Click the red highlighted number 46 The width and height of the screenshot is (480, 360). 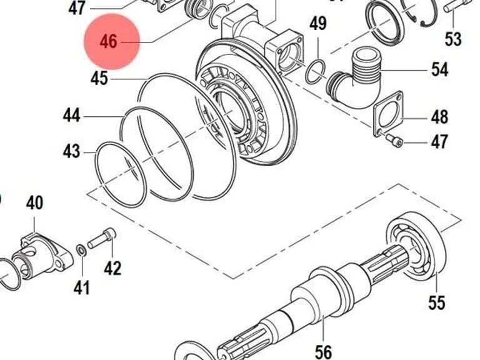point(108,41)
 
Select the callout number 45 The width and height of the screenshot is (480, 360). point(99,78)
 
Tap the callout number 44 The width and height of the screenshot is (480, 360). point(72,116)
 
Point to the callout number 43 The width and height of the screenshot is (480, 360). point(72,151)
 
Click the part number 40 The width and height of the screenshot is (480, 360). point(34,202)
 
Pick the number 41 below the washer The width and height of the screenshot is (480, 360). point(82,287)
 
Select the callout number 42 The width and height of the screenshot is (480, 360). point(112,268)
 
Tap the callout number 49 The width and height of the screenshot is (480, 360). point(318,24)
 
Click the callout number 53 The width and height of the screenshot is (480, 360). point(453,39)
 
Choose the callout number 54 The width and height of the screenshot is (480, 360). point(440,69)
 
